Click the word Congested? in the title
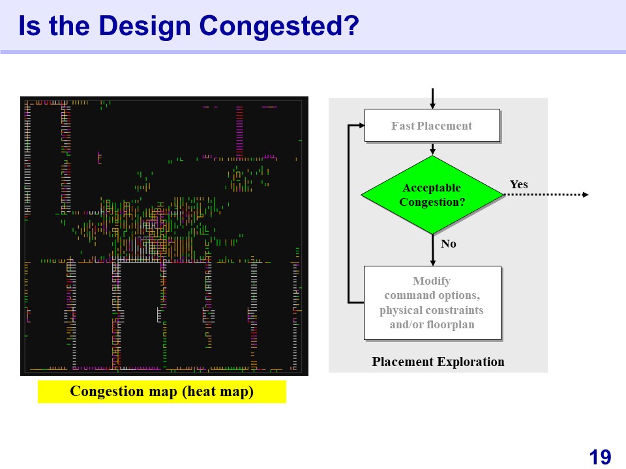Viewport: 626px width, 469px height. pos(279,26)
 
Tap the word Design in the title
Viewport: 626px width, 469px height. pos(145,26)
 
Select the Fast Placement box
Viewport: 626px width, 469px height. pos(432,125)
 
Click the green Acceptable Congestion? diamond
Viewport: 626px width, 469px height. pos(432,195)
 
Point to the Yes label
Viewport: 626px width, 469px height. pos(518,184)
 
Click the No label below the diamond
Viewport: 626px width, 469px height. pos(449,244)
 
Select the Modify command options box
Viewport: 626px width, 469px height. pos(432,303)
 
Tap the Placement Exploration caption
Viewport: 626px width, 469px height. pos(438,362)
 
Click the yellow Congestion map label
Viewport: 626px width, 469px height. pos(162,391)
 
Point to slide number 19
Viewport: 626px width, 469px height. pos(600,457)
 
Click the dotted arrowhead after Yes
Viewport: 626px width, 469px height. pos(586,195)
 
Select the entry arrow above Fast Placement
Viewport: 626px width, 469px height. pos(432,98)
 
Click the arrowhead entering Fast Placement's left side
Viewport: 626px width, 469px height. pos(362,125)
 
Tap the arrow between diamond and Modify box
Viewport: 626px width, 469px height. pos(432,250)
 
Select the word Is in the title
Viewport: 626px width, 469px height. pos(29,26)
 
